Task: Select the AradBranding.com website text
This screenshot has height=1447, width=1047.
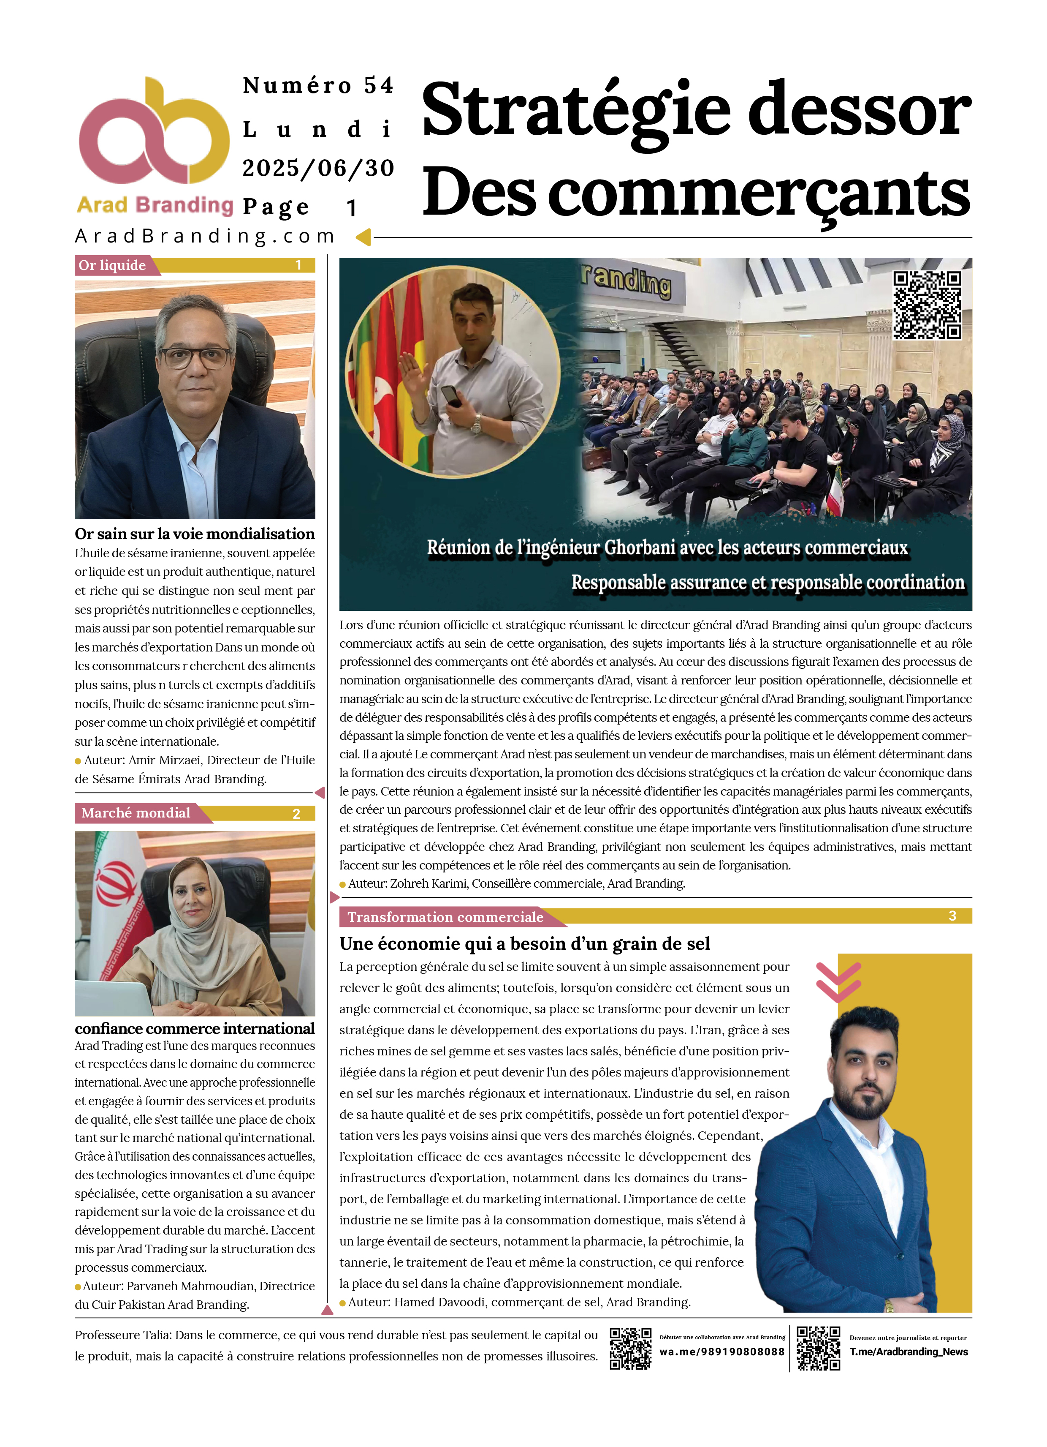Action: coord(205,237)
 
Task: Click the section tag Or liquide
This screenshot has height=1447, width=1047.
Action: coord(112,265)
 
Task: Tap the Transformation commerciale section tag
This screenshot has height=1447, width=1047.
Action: coord(445,917)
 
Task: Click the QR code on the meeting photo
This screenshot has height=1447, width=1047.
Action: coord(927,305)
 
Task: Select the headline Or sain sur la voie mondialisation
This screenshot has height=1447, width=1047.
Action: coord(195,534)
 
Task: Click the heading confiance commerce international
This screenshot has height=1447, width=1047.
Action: coord(195,1028)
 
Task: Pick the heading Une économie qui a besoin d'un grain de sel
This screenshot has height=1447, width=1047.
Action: coord(524,943)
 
